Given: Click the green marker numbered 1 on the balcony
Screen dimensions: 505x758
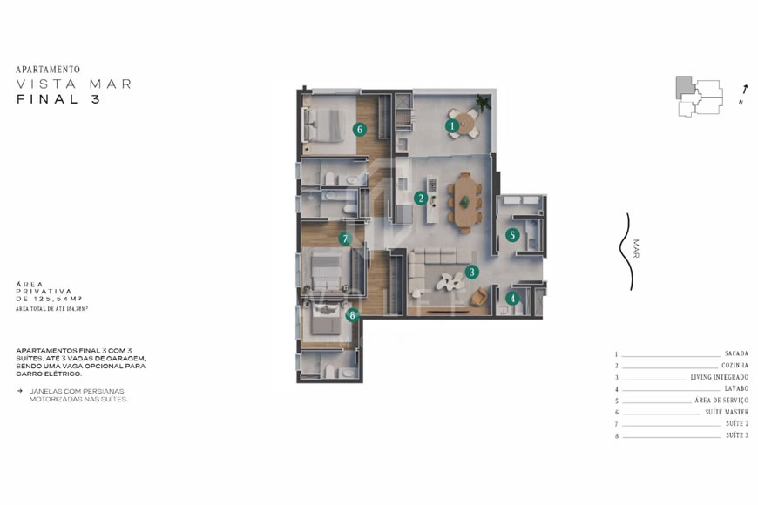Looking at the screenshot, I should tap(451, 125).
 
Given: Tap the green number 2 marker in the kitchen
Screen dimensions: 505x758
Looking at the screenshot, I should tap(421, 198).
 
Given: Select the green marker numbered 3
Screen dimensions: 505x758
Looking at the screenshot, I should tap(471, 272).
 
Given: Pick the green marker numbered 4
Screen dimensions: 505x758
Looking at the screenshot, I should tap(512, 298).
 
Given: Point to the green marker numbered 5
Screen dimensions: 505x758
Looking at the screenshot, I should tap(512, 234).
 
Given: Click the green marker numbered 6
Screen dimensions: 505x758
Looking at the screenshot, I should tap(358, 130).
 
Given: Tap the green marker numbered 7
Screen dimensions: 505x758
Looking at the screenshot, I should tap(345, 238).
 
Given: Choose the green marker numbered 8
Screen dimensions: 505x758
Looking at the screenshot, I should tap(352, 315).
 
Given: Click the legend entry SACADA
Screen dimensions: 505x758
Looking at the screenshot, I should tap(735, 354).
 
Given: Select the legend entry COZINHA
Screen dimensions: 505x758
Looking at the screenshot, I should tap(734, 366).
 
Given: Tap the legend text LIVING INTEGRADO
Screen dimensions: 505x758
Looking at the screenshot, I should tap(719, 377).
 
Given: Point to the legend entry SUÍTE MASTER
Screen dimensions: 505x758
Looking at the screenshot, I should tap(727, 412).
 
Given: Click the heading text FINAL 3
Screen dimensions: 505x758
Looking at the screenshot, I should tap(58, 99).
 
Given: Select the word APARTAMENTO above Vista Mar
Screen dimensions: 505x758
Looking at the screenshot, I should tap(48, 69).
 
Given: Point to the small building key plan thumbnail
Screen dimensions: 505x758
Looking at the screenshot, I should tap(699, 96).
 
